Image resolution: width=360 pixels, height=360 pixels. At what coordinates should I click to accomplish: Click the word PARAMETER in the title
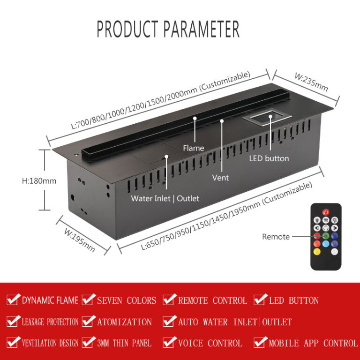[x=202, y=29]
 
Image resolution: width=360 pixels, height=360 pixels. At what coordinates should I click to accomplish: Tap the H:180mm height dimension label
[x=39, y=181]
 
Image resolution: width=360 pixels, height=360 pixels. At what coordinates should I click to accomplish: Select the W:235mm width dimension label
[x=311, y=82]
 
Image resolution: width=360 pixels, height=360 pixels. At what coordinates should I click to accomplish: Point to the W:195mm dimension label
[x=79, y=240]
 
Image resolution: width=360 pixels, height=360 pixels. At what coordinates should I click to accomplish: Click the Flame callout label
[x=193, y=148]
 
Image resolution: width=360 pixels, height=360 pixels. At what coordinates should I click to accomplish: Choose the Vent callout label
[x=220, y=178]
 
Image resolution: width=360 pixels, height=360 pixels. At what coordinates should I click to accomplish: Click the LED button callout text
[x=269, y=158]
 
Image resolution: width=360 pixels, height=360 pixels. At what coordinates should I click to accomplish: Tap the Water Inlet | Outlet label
[x=165, y=198]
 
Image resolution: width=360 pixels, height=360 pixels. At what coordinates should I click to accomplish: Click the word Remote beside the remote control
[x=276, y=237]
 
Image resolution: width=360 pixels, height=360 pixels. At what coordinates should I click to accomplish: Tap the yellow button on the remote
[x=317, y=252]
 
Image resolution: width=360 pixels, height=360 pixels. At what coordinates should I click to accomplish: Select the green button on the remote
[x=326, y=236]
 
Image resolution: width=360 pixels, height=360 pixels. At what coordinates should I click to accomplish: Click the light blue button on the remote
[x=326, y=244]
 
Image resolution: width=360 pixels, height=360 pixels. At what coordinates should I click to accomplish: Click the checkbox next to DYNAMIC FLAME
[x=13, y=300]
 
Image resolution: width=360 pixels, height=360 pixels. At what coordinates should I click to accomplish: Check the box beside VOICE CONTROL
[x=169, y=342]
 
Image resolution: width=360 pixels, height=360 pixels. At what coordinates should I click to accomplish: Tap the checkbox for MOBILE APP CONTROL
[x=260, y=342]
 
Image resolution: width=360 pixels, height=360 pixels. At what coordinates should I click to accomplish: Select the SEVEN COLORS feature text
[x=127, y=300]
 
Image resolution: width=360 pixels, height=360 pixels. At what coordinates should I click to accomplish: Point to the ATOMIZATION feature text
[x=124, y=322]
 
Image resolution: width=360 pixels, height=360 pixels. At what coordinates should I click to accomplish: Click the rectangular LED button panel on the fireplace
[x=267, y=118]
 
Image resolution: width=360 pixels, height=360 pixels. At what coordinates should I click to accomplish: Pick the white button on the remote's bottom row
[x=335, y=252]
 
